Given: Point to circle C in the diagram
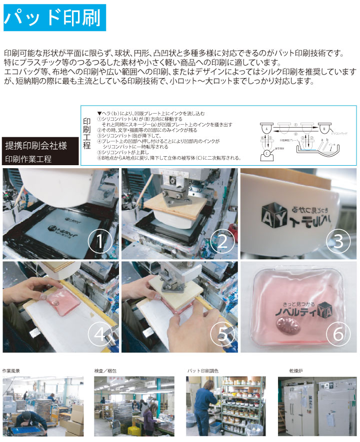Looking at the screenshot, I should point(267,153).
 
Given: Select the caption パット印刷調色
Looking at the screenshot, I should point(202,371).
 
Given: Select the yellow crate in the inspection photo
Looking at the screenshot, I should point(133,430).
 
